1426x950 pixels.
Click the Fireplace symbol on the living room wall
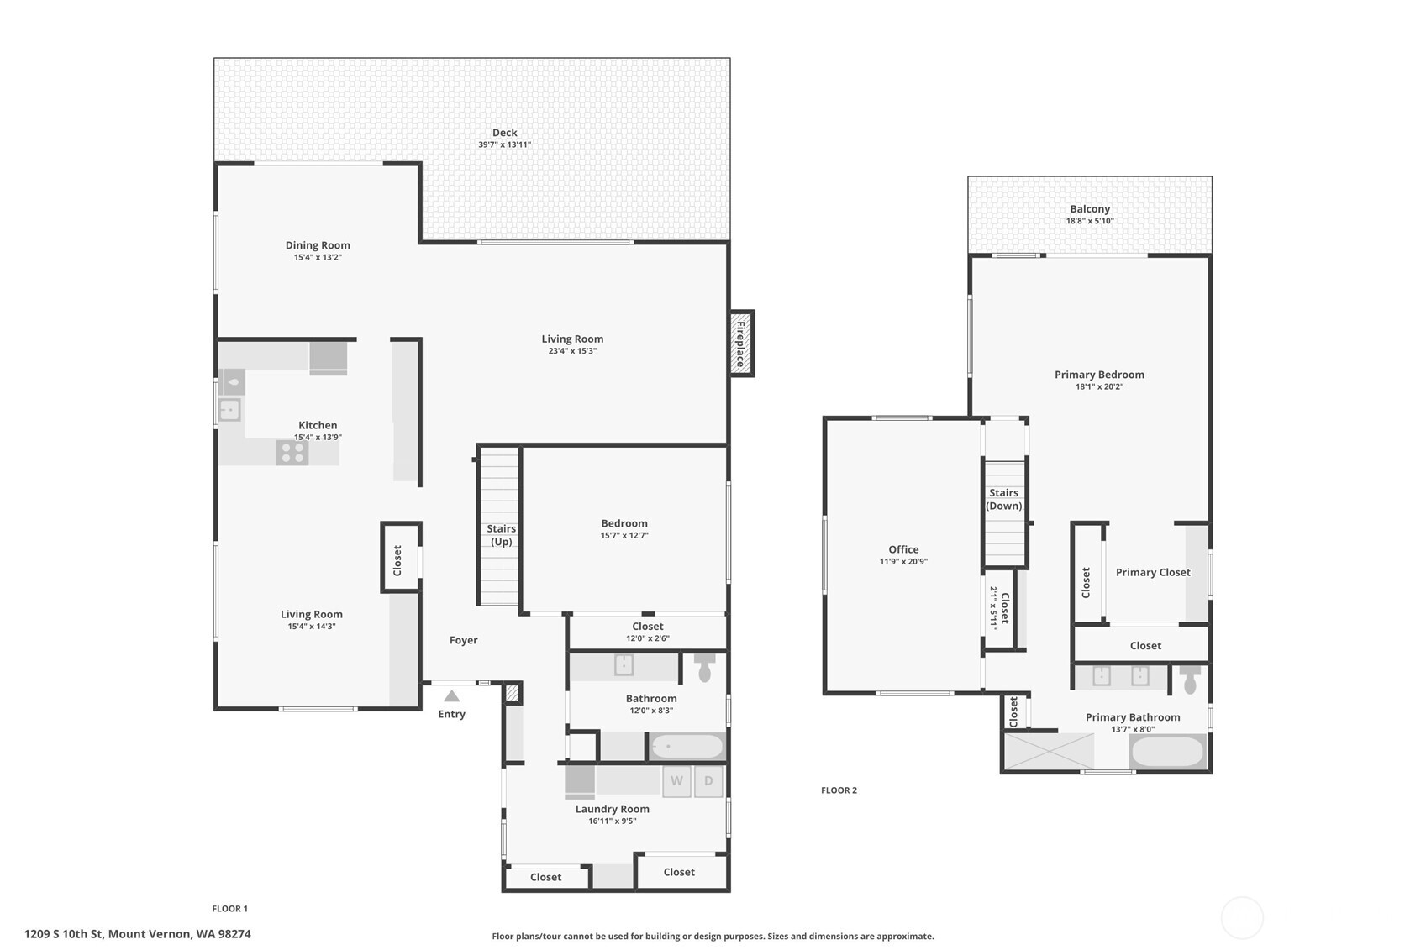point(741,344)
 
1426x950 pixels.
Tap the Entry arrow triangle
point(452,696)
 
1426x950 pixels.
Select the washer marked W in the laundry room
point(676,781)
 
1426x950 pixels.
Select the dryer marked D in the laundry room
point(708,781)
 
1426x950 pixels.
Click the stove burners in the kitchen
point(292,453)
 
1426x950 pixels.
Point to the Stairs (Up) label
point(501,535)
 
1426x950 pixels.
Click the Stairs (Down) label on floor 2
point(1003,499)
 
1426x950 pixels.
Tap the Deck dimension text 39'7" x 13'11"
point(504,144)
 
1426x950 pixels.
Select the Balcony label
point(1090,209)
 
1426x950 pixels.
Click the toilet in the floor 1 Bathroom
point(704,669)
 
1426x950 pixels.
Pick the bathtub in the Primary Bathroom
point(1167,751)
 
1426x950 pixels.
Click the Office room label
point(903,549)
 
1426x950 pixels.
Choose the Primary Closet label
point(1152,572)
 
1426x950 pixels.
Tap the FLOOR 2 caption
point(839,790)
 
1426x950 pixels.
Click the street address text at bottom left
point(137,933)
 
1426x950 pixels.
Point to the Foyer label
point(463,640)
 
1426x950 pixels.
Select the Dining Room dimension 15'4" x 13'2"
point(318,257)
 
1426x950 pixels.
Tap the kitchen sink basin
point(229,410)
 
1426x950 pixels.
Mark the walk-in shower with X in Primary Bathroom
point(1049,750)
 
